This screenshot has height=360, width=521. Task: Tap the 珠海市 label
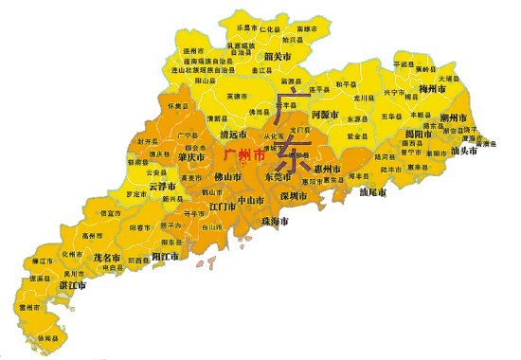(273, 221)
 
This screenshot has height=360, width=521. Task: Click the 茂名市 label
(105, 258)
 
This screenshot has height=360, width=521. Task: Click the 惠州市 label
(324, 169)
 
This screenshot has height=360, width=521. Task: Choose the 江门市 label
(223, 205)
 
